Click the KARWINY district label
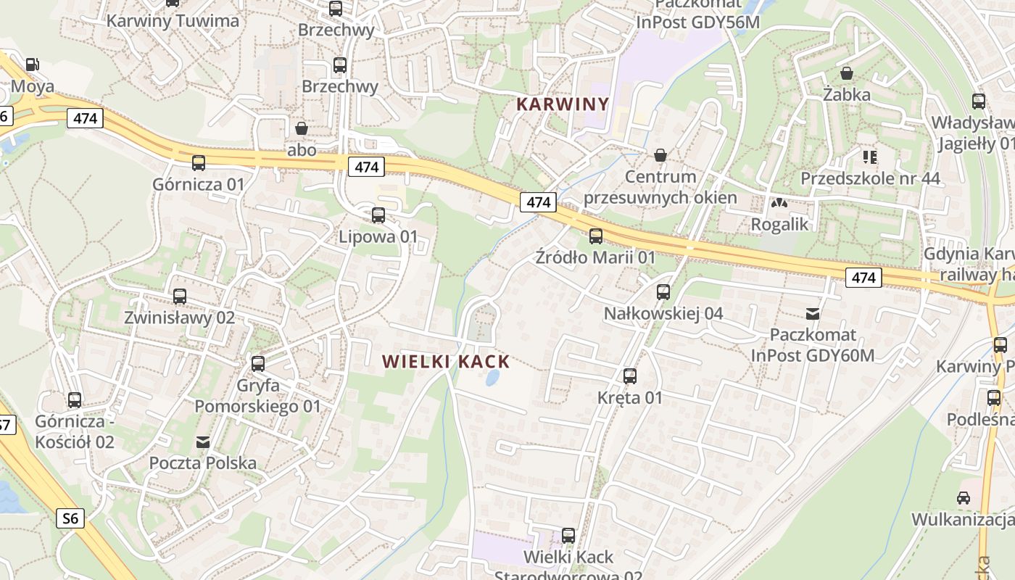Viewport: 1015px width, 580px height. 562,104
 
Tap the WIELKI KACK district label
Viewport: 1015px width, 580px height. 446,361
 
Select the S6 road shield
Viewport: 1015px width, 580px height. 70,518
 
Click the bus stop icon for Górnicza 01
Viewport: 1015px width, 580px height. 199,163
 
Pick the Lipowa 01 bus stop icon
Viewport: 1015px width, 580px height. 378,215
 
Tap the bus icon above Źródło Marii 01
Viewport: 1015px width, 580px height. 595,236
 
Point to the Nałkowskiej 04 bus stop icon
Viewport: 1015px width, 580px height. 663,292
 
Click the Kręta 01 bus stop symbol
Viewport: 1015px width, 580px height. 630,376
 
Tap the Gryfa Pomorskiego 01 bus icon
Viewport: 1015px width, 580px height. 257,364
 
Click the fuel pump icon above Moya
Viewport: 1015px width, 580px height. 32,65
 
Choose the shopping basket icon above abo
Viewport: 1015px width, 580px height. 302,129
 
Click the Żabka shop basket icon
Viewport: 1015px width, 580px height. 846,73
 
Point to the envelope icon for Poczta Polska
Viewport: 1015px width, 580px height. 203,442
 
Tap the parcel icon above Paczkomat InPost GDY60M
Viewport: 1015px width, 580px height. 813,314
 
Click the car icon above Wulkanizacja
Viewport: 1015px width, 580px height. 963,498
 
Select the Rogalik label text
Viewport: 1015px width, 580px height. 779,224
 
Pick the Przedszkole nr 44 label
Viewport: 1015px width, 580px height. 870,178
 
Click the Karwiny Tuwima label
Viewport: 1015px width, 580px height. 173,20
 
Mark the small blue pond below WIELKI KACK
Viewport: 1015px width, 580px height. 492,378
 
